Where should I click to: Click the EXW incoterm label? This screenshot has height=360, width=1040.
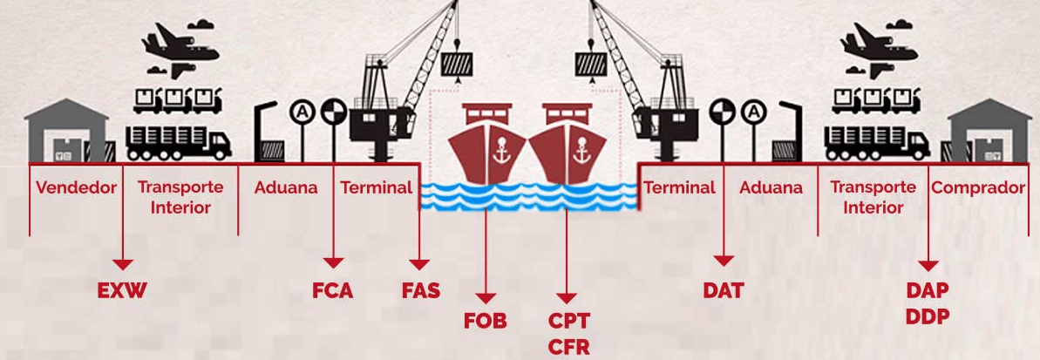point(122,291)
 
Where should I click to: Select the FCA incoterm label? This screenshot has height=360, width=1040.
point(332,291)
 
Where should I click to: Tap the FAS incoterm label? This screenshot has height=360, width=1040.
point(420,291)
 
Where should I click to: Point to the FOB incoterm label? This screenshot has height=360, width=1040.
point(485,321)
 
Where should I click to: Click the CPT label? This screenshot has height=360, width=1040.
point(568,321)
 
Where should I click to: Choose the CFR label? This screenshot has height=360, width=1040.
point(568,347)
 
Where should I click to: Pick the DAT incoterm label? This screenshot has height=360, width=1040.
point(724,291)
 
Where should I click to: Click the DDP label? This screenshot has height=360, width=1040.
point(927,316)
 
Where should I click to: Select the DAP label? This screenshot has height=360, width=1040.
point(927,290)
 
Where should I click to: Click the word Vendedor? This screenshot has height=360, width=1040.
point(76,187)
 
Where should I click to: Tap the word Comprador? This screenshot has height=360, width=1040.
point(978,187)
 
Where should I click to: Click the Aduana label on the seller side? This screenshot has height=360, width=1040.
point(286,187)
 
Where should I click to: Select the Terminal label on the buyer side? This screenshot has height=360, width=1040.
point(679,187)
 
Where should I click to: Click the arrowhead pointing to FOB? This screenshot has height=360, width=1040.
point(485,298)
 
